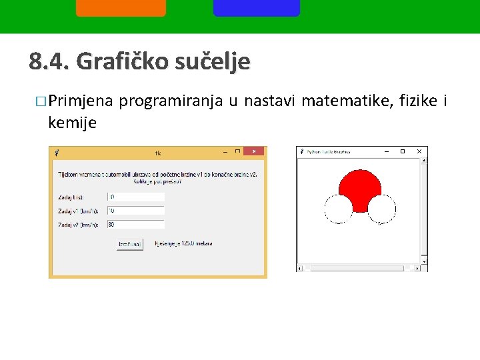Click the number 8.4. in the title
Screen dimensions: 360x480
[50, 62]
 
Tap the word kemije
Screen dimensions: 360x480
[73, 123]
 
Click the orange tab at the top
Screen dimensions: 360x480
[121, 8]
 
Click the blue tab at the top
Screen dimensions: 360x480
[257, 8]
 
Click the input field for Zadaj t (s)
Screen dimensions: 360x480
[136, 197]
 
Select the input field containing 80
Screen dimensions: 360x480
[136, 225]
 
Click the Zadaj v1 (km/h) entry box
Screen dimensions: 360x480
[136, 211]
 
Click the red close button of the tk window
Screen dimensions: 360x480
[253, 152]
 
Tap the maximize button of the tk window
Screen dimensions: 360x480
[237, 152]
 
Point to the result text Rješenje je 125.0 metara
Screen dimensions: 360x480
[183, 244]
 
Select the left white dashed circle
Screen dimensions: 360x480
[338, 209]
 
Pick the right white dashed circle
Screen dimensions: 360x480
[381, 209]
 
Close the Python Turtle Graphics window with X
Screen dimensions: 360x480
[419, 152]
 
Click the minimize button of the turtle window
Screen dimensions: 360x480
[386, 152]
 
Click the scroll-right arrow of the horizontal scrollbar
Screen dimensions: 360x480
[417, 268]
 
